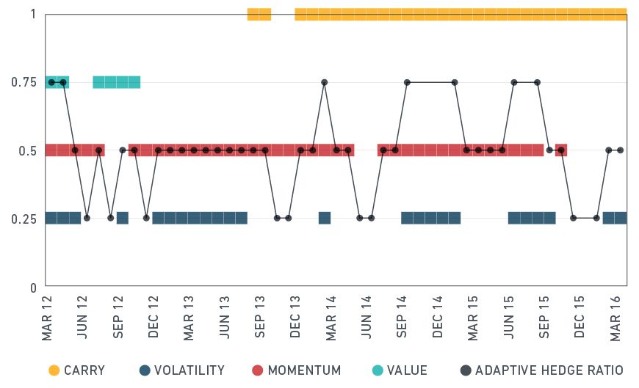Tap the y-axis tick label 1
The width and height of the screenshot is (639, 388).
tap(33, 14)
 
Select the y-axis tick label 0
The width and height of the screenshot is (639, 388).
tap(33, 288)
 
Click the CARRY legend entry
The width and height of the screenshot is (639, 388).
tap(76, 370)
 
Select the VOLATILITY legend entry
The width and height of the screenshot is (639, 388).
tap(181, 370)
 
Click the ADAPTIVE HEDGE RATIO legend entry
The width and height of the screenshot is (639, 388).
tap(541, 370)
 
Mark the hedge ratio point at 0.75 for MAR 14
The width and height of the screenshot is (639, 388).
tap(324, 82)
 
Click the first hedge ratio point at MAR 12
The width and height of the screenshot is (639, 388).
tap(51, 82)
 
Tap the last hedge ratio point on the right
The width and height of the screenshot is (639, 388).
tap(620, 150)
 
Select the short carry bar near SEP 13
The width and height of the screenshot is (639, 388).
tap(259, 14)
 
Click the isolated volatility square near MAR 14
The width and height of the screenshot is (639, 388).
tap(324, 218)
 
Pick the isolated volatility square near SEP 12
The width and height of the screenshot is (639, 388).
tap(123, 218)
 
